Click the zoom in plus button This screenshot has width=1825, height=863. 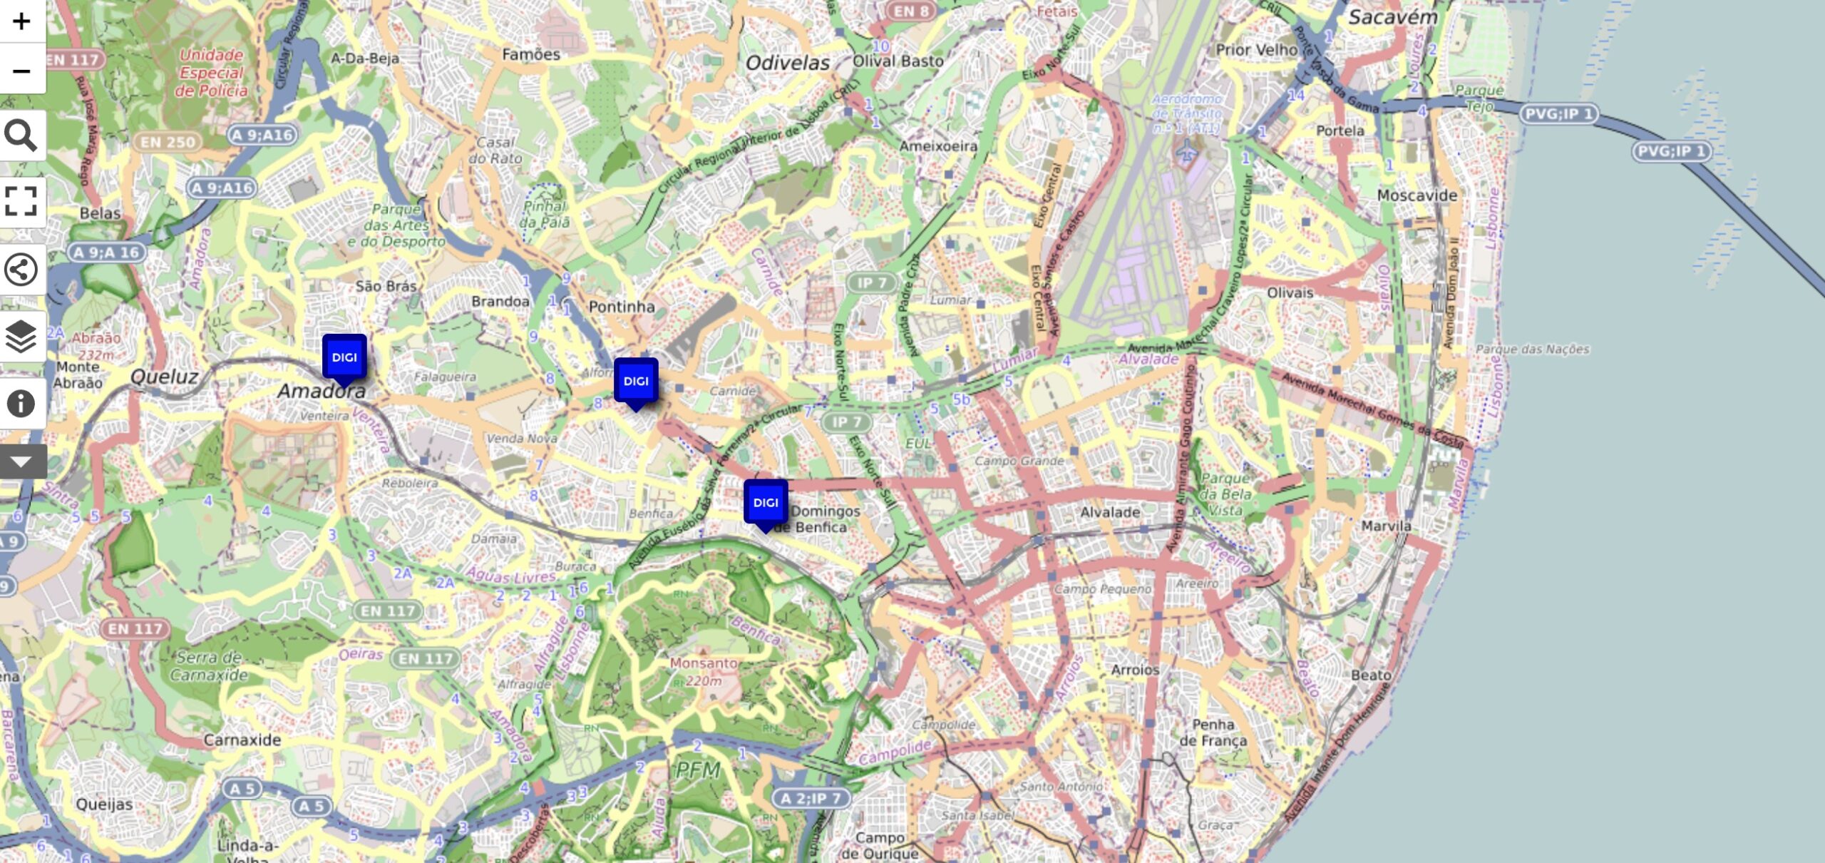pos(21,21)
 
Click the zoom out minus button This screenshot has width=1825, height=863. pos(21,71)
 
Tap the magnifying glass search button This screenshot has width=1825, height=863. pos(21,135)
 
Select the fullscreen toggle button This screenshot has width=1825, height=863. pos(21,201)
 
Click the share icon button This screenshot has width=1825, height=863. pos(21,270)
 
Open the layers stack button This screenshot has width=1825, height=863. pos(21,336)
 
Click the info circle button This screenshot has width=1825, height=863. pos(21,403)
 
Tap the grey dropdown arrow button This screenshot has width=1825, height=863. pos(21,461)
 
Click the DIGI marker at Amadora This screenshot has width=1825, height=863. pos(344,357)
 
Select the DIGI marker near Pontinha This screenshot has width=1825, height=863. pos(636,382)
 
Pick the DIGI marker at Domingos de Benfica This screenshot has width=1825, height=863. pos(766,503)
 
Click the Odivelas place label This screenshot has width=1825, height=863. pos(788,63)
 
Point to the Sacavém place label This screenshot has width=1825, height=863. pos(1392,17)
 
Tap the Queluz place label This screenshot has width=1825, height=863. pos(164,376)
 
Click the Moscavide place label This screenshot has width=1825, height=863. pos(1417,195)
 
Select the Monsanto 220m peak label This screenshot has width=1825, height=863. pos(704,671)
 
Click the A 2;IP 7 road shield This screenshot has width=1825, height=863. pos(812,798)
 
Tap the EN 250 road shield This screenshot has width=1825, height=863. pos(168,142)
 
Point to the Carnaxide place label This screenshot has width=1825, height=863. pos(242,740)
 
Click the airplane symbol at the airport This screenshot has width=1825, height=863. pos(1186,151)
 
